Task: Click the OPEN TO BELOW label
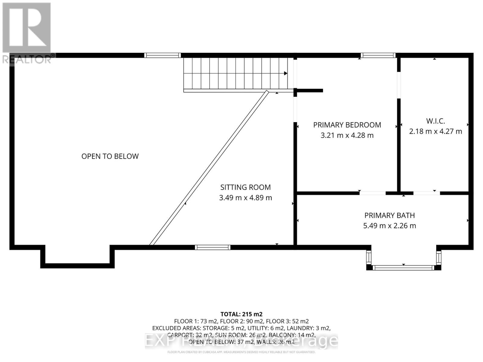(x=110, y=156)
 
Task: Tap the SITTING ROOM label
(x=245, y=187)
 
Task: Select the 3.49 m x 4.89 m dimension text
(x=245, y=198)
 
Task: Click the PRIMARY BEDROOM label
(x=347, y=125)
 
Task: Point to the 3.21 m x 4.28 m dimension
(x=347, y=135)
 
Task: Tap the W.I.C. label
(x=435, y=121)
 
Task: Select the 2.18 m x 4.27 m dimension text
(x=435, y=132)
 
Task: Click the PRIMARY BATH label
(x=389, y=215)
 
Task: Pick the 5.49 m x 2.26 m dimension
(x=389, y=226)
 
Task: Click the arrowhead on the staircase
(x=285, y=73)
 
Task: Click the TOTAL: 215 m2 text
(x=241, y=314)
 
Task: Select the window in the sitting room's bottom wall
(x=213, y=247)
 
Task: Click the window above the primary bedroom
(x=378, y=55)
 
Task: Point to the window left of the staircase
(x=162, y=55)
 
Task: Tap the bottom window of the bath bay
(x=403, y=268)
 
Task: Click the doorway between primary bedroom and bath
(x=373, y=193)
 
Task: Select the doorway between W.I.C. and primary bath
(x=426, y=193)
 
